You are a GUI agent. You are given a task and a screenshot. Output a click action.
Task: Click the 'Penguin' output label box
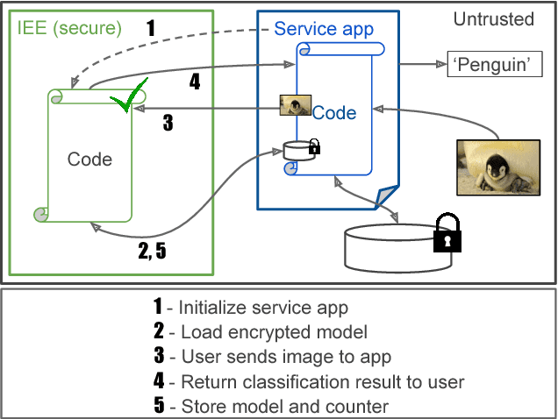[x=491, y=65]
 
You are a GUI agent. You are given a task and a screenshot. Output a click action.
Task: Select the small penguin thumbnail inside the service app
[x=294, y=106]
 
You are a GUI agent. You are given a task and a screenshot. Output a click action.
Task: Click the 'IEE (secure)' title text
[x=69, y=28]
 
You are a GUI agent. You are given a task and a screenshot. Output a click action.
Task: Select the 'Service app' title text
[x=324, y=28]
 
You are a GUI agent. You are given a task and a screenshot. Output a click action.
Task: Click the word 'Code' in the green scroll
[x=89, y=159]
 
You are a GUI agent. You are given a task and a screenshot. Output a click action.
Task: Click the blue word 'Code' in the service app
[x=334, y=112]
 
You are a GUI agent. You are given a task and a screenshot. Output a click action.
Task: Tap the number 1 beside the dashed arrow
[x=150, y=28]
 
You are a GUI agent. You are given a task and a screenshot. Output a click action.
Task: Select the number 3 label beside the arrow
[x=168, y=122]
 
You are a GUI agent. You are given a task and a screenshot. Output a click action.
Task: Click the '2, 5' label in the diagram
[x=152, y=251]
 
